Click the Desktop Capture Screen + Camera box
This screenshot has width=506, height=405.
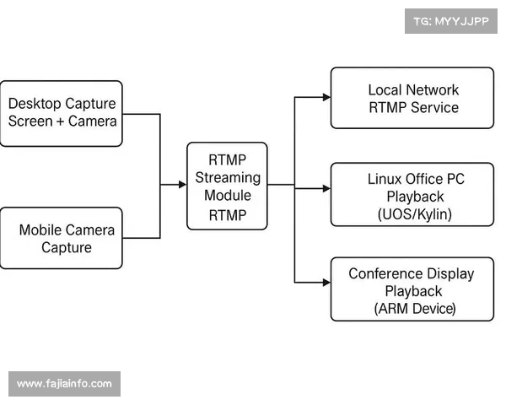62,113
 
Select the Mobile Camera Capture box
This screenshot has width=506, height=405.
62,238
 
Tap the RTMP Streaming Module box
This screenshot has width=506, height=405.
227,186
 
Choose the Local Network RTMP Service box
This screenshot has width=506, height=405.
412,98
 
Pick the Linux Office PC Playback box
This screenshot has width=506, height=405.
412,196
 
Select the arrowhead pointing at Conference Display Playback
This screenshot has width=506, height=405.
326,281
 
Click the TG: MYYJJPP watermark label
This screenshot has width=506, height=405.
451,20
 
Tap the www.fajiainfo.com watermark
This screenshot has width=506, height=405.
64,384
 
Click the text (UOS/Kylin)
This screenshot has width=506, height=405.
414,214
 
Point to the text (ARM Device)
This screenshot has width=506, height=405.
414,310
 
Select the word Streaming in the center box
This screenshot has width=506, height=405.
228,178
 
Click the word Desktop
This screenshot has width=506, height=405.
35,104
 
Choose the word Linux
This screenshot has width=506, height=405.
385,178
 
